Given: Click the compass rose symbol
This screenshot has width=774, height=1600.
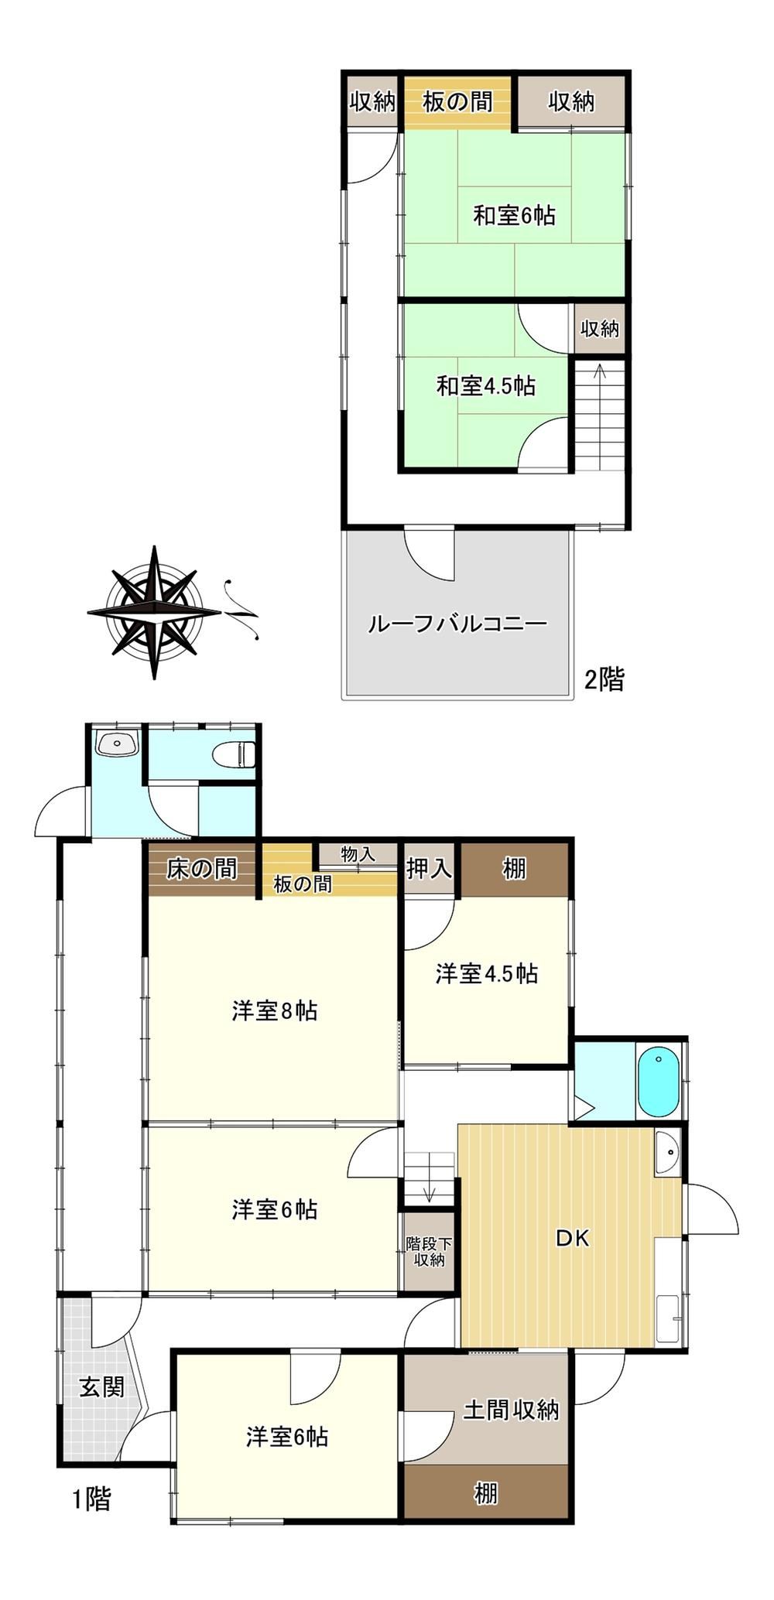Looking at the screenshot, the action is (x=155, y=612).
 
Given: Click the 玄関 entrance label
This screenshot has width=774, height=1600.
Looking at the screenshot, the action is (x=102, y=1386).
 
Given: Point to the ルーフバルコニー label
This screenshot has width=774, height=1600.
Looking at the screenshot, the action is (x=457, y=624).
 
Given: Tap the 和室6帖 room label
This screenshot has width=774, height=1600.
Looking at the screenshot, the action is (x=514, y=214).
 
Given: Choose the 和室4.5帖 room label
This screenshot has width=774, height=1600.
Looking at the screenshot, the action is (x=486, y=385).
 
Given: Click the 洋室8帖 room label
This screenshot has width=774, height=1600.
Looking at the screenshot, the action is (x=275, y=1011).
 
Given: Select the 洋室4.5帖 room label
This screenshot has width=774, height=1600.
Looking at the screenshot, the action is (x=486, y=973).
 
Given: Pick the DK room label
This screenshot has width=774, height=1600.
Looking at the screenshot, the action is (x=573, y=1238).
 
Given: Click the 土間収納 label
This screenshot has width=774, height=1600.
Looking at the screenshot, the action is (x=511, y=1410).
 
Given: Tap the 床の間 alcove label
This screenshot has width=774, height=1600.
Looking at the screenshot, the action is (x=202, y=869).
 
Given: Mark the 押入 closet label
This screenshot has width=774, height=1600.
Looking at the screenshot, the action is (x=430, y=868).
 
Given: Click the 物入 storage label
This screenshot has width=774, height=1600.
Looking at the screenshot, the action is (x=358, y=854).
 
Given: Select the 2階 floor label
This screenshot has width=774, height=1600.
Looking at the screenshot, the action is (x=604, y=679).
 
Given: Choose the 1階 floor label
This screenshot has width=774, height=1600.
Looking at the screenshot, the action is (x=91, y=1499).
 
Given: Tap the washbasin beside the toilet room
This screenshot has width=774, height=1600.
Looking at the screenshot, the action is (x=116, y=745).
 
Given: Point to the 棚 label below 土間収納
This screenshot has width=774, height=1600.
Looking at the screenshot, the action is (x=485, y=1492).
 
